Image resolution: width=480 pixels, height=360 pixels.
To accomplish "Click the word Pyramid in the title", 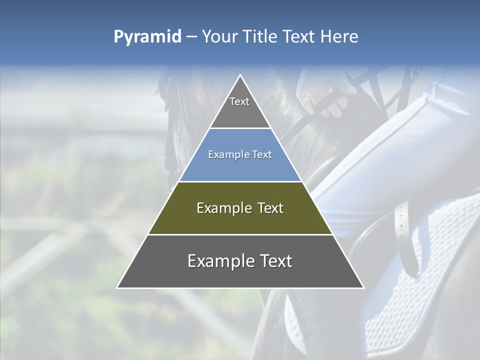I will tap(147, 37).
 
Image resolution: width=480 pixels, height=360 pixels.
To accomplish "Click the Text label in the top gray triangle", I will tap(239, 101).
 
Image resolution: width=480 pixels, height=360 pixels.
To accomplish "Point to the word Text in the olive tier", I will tap(271, 208).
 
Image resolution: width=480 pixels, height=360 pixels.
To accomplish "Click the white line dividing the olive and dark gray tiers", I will tap(240, 234).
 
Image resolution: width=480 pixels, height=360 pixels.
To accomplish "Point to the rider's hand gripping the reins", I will tap(325, 97).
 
